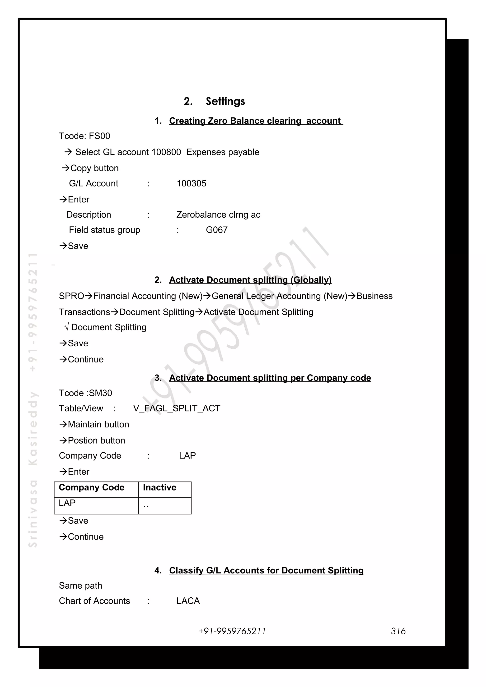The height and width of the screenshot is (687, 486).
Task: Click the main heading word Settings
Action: [x=225, y=101]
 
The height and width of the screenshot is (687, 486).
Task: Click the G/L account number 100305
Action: [x=191, y=183]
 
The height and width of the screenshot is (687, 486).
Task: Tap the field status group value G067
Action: [x=216, y=230]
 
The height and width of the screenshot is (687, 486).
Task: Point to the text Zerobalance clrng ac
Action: [x=218, y=215]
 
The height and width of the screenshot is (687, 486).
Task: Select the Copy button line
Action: [x=90, y=168]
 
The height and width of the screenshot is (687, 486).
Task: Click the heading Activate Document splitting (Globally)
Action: [x=250, y=280]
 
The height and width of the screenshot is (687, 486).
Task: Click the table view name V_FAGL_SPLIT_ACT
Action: [x=176, y=408]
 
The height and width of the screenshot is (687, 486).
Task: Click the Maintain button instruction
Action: [x=94, y=425]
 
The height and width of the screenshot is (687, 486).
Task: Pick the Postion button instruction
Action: [x=92, y=441]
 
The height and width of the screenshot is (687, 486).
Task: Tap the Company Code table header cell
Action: [x=91, y=487]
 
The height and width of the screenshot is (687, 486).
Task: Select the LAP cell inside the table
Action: [x=67, y=503]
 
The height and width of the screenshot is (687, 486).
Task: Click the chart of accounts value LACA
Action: [x=188, y=601]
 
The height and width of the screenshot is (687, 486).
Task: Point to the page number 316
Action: [x=398, y=631]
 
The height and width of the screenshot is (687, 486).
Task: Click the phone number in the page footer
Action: [x=232, y=631]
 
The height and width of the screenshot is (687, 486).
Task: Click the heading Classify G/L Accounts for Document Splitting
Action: [x=266, y=571]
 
